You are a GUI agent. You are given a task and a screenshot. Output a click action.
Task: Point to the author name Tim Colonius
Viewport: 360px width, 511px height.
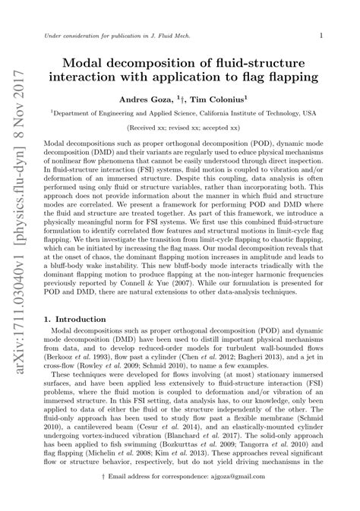tap(223, 99)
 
